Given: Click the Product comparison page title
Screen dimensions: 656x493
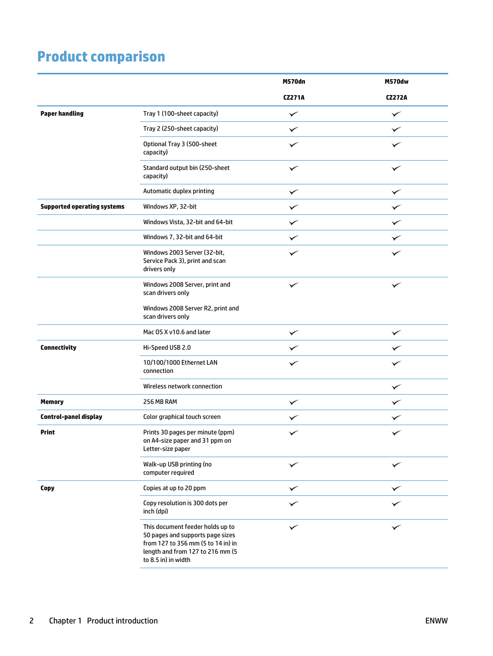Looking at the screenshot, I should click(x=101, y=56).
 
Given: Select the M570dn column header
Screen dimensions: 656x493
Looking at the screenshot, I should click(x=294, y=82).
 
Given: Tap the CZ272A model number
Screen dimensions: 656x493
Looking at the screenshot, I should click(x=396, y=98).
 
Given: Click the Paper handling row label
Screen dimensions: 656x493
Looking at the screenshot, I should click(x=62, y=114).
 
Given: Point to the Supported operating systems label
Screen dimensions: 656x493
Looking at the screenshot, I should click(x=82, y=207).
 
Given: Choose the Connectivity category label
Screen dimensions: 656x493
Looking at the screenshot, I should click(x=58, y=348).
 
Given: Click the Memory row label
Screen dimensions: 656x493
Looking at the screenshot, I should click(x=52, y=402).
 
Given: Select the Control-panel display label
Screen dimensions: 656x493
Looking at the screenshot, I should click(x=71, y=417).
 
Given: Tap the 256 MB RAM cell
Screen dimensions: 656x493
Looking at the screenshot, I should click(x=160, y=402).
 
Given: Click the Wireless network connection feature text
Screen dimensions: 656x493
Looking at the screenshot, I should click(x=182, y=386).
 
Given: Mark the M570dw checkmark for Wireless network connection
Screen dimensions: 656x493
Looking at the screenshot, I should click(x=396, y=387).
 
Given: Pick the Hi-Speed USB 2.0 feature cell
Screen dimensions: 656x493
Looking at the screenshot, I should click(x=167, y=348).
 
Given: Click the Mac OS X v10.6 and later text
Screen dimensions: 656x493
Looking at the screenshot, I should click(x=177, y=332).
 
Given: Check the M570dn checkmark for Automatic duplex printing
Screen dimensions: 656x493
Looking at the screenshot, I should click(x=294, y=192).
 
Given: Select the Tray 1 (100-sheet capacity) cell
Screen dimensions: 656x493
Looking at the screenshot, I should click(x=180, y=114).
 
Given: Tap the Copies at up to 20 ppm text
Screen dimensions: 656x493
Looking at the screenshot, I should click(x=174, y=488).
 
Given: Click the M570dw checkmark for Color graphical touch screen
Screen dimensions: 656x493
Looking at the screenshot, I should click(x=396, y=417).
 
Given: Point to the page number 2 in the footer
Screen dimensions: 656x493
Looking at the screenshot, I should click(x=32, y=621).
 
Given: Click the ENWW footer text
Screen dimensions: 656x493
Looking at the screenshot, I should click(x=436, y=621).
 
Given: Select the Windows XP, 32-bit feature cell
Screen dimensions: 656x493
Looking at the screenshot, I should click(x=170, y=207).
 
